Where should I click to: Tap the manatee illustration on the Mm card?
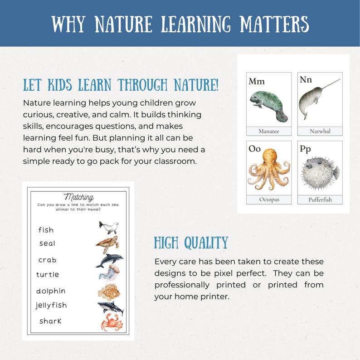click(269, 105)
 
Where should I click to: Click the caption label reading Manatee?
click(269, 131)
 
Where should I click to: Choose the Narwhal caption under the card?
click(320, 131)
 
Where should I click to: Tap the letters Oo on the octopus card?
click(255, 148)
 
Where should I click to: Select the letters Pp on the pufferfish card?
click(305, 148)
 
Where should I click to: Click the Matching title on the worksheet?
click(79, 197)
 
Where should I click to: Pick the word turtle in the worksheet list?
click(48, 274)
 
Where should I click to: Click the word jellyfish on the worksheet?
click(51, 306)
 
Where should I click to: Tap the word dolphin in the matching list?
click(51, 291)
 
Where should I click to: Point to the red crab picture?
click(110, 322)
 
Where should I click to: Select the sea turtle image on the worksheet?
click(108, 244)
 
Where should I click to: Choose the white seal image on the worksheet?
click(109, 227)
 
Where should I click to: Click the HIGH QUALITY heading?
click(191, 243)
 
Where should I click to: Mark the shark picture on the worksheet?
click(110, 308)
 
